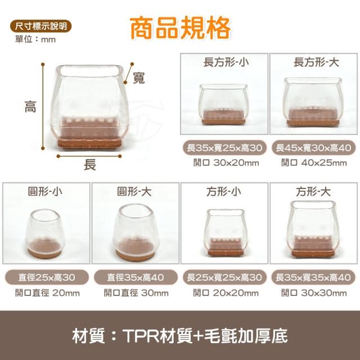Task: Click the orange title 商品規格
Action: (x=180, y=28)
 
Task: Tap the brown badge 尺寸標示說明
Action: (x=41, y=26)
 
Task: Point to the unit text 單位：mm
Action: (x=35, y=39)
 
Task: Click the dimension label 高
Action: (x=30, y=107)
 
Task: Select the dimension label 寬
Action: (x=139, y=78)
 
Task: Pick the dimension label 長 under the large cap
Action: (x=90, y=165)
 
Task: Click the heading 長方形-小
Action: (x=226, y=62)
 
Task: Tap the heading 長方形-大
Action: (x=316, y=62)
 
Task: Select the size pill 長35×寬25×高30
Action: (x=224, y=147)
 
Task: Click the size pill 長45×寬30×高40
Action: (x=314, y=147)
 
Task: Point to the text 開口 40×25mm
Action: (x=314, y=163)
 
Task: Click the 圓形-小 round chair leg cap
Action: (x=45, y=234)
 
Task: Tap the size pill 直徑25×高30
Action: (x=47, y=277)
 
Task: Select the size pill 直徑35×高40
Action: (x=136, y=277)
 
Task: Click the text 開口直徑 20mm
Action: (x=47, y=293)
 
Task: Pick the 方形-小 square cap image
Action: (x=226, y=232)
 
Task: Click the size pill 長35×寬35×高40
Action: (x=313, y=277)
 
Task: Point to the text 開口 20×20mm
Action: (x=226, y=293)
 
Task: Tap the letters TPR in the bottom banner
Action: (x=141, y=336)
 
